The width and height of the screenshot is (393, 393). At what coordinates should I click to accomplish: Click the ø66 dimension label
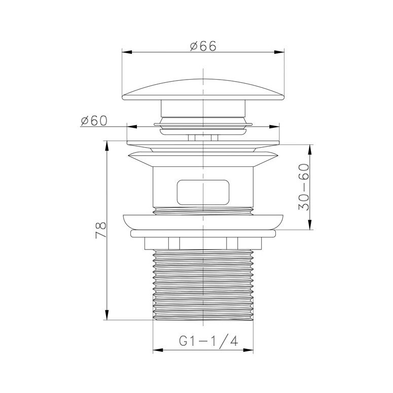[203, 46]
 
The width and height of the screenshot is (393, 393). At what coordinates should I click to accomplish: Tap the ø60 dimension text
[94, 121]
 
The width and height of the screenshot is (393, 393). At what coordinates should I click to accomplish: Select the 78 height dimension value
[101, 230]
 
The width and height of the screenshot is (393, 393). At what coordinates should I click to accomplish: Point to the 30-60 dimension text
[304, 187]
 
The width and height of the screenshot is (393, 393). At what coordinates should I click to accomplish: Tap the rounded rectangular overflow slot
[203, 192]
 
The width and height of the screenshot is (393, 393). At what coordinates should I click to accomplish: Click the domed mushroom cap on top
[203, 90]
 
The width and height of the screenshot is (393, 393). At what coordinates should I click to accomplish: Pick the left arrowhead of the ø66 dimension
[127, 52]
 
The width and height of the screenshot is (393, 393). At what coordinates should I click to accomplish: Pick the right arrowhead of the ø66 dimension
[279, 52]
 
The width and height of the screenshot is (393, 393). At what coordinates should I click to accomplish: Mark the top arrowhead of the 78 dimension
[107, 146]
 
